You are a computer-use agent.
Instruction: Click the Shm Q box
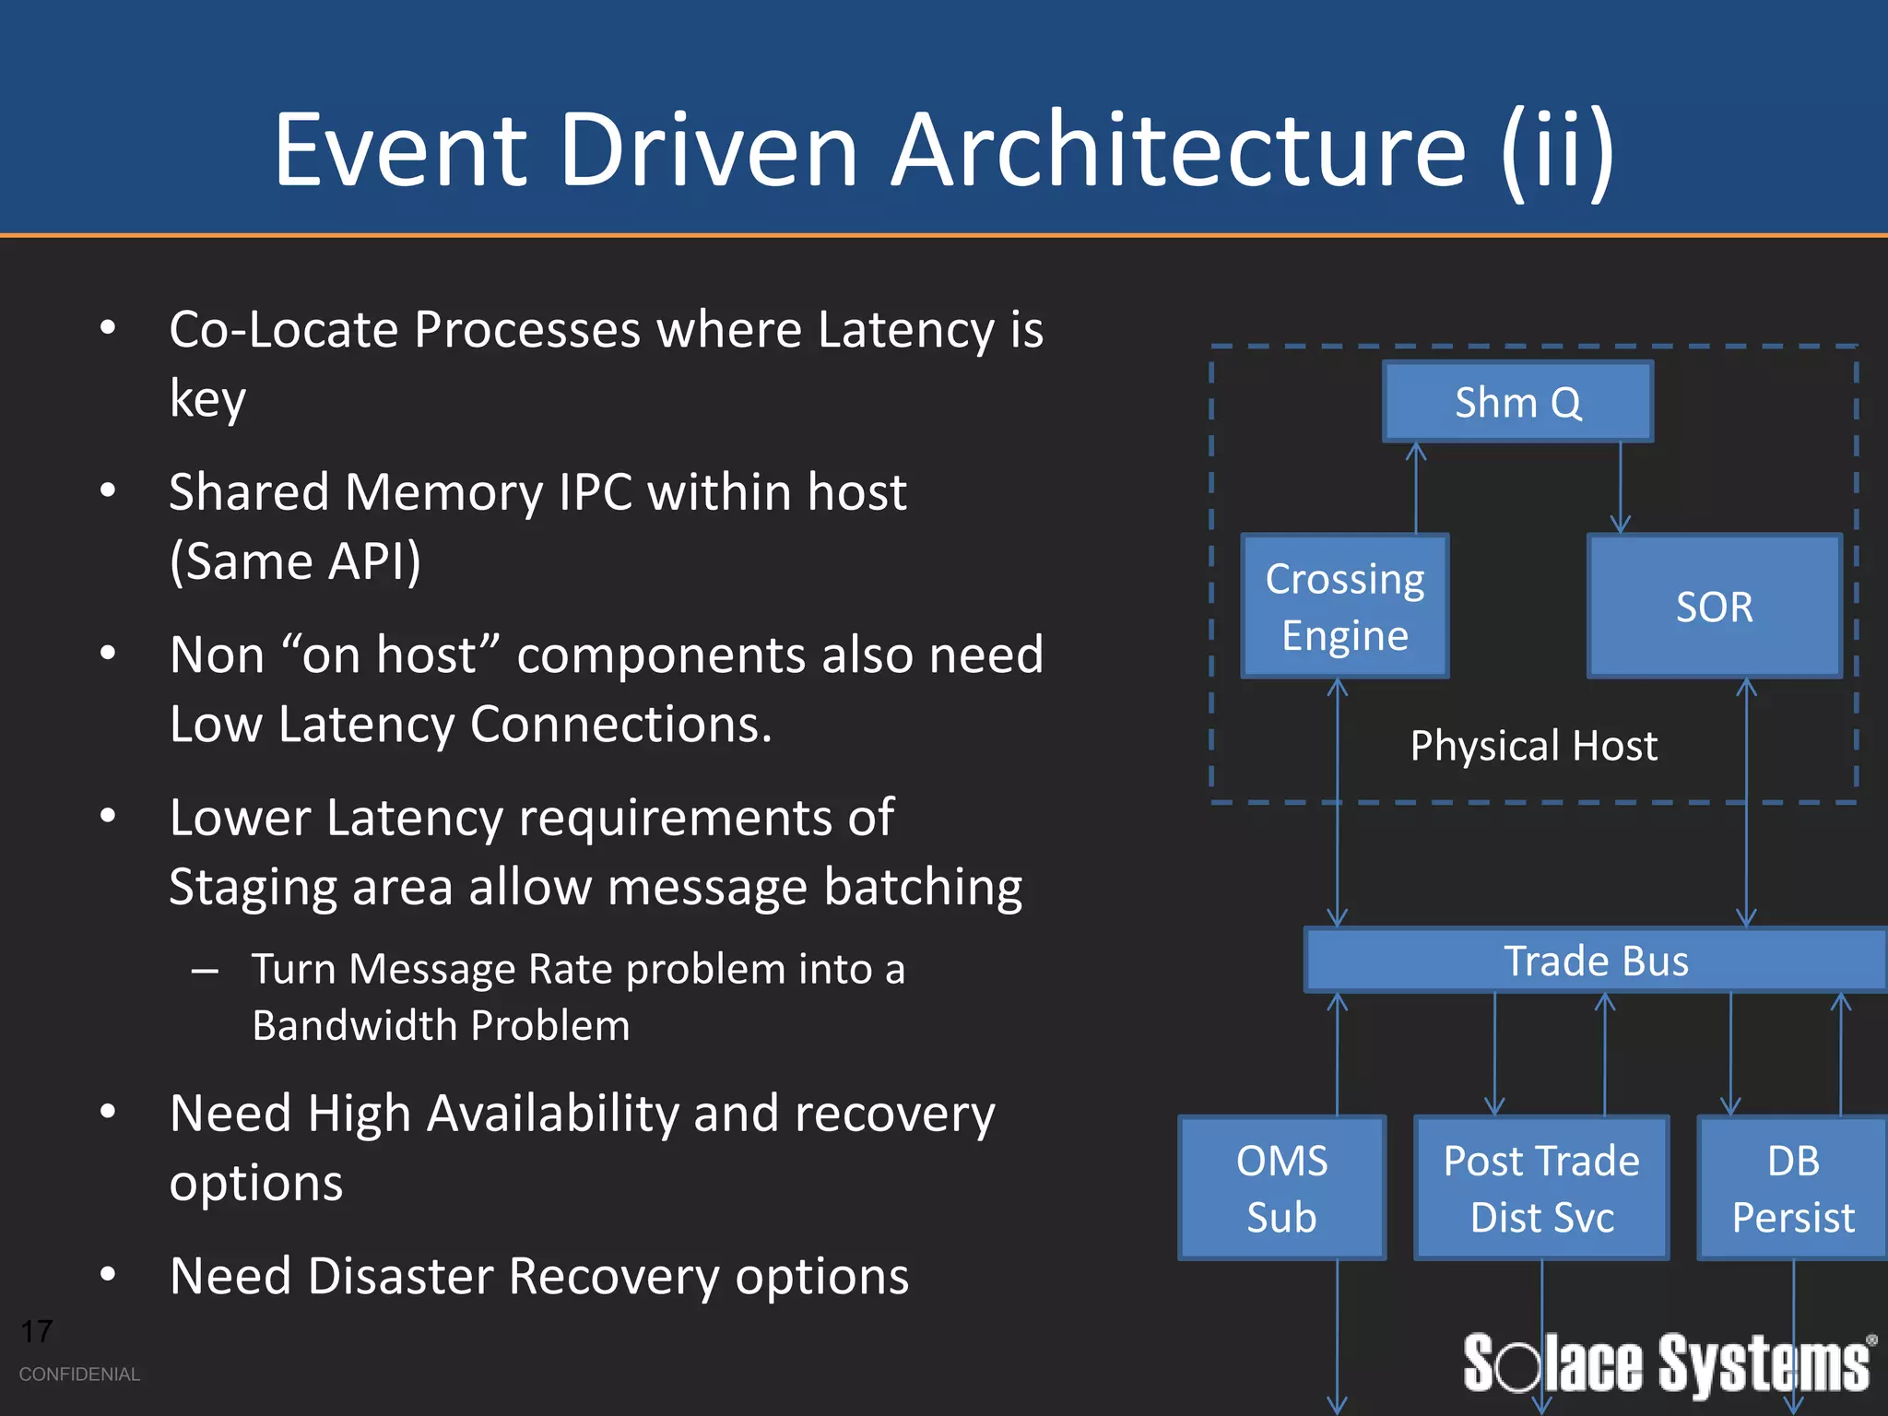(x=1517, y=402)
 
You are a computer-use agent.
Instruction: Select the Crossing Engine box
(x=1345, y=607)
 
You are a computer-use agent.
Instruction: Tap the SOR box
(x=1714, y=607)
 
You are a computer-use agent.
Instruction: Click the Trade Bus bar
(x=1596, y=961)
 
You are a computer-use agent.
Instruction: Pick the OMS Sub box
(x=1281, y=1187)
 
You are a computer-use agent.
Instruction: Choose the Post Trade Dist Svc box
(x=1541, y=1187)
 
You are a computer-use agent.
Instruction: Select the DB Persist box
(x=1793, y=1187)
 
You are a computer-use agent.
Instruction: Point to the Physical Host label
(x=1533, y=745)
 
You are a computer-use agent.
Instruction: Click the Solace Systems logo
(x=1667, y=1363)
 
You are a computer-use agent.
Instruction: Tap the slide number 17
(x=37, y=1331)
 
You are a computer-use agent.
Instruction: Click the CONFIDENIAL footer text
(x=79, y=1374)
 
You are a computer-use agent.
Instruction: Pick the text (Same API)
(x=295, y=560)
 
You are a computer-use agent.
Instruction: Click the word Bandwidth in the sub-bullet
(x=354, y=1025)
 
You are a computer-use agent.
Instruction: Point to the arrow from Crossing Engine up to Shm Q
(x=1416, y=489)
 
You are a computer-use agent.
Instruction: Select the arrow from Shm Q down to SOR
(x=1620, y=489)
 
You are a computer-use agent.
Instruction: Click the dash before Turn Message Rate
(x=205, y=970)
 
